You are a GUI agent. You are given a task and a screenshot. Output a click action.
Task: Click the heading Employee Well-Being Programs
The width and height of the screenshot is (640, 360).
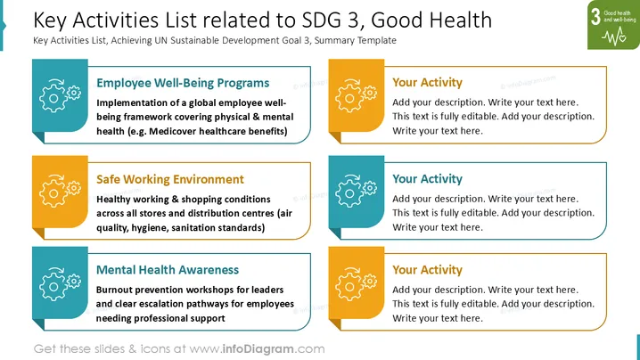pyautogui.click(x=183, y=83)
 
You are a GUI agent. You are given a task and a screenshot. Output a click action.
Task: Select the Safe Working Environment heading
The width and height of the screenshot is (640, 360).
pyautogui.click(x=169, y=180)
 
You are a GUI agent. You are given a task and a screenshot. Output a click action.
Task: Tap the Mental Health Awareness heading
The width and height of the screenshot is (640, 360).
pyautogui.click(x=168, y=270)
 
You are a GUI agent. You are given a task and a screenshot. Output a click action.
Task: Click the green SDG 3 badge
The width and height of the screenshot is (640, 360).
pyautogui.click(x=613, y=24)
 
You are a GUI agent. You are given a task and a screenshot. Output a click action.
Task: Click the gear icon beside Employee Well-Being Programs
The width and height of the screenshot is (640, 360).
pyautogui.click(x=60, y=95)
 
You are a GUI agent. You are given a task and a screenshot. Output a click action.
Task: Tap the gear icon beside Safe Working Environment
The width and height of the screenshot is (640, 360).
pyautogui.click(x=60, y=191)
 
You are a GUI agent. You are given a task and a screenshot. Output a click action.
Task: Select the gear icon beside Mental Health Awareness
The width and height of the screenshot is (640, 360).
pyautogui.click(x=60, y=284)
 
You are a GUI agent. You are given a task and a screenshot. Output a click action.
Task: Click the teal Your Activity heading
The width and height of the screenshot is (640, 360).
pyautogui.click(x=427, y=179)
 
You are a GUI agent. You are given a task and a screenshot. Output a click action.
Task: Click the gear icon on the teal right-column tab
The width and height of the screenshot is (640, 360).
pyautogui.click(x=356, y=191)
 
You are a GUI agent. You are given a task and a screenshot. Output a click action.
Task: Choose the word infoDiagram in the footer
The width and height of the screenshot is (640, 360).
pyautogui.click(x=258, y=349)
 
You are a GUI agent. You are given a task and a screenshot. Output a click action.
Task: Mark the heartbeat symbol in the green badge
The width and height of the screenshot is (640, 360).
pyautogui.click(x=614, y=37)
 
